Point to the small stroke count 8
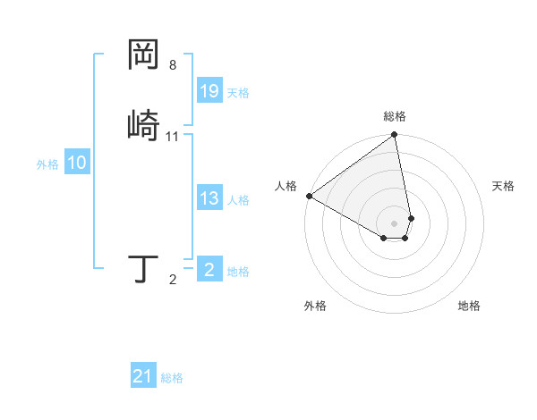tap(173, 65)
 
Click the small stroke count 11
tap(173, 137)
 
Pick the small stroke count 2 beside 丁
tap(173, 281)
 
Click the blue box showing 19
tap(209, 91)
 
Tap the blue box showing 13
tap(209, 199)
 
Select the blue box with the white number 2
tap(209, 270)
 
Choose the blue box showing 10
tap(77, 164)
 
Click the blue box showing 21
tap(143, 376)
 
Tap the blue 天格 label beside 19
tap(238, 93)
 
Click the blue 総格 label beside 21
tap(172, 378)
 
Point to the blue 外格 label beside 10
tap(47, 164)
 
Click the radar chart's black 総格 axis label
tap(395, 116)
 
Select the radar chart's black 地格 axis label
tap(469, 307)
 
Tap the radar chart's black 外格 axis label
tap(315, 307)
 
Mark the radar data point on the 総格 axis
tap(395, 136)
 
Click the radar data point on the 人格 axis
tap(309, 196)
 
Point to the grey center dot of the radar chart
tap(395, 223)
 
